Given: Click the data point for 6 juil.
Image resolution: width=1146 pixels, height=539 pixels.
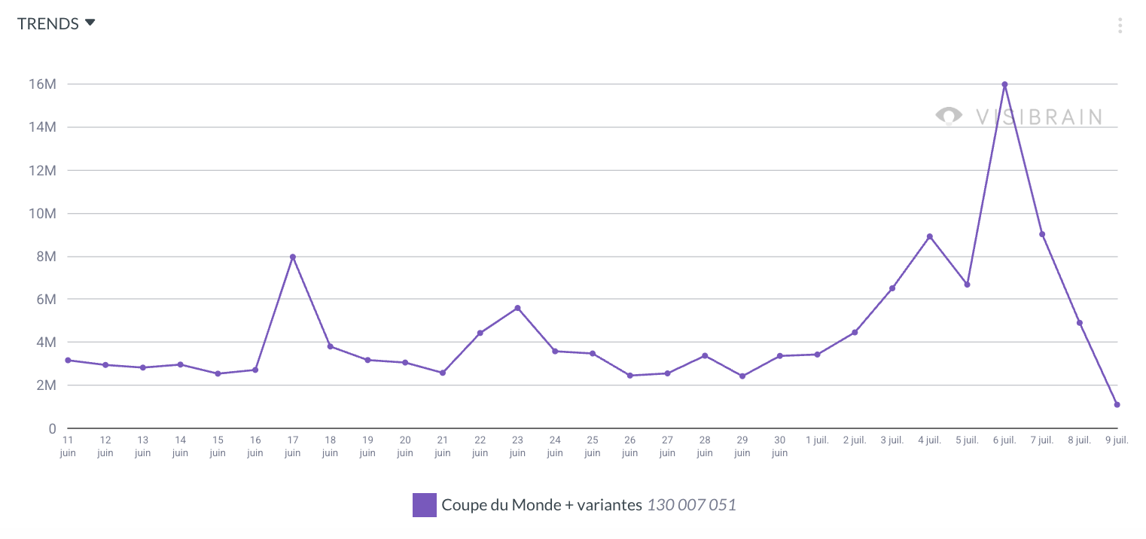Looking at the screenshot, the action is [1004, 84].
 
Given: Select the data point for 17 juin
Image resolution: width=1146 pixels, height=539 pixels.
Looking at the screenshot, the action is [293, 257].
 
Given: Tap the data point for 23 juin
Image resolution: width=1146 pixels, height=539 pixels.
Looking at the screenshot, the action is [517, 308].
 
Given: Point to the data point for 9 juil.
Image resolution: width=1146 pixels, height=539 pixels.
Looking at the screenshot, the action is [1117, 404].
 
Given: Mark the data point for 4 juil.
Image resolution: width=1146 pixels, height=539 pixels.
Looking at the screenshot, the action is [930, 236].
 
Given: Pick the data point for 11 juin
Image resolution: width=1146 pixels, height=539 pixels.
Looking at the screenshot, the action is [68, 360].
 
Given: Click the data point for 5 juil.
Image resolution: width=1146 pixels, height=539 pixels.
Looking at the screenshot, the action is [967, 285].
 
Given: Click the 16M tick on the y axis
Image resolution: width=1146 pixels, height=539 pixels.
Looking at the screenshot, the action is [42, 84].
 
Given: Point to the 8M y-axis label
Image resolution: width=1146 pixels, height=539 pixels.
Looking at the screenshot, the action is [46, 256].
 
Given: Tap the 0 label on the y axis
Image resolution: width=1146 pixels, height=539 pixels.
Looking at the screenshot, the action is [52, 428].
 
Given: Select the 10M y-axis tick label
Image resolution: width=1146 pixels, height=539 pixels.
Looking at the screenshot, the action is [42, 213].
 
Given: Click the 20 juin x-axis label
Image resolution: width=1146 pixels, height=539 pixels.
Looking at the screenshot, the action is [404, 446].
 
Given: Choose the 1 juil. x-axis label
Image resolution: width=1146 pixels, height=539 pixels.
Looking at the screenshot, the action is [817, 440].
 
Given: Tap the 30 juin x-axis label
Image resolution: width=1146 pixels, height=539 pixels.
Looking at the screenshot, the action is [779, 446].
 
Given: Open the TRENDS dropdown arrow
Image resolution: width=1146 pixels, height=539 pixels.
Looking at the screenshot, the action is [90, 23].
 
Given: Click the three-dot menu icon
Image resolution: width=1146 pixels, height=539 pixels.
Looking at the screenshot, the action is [1120, 26].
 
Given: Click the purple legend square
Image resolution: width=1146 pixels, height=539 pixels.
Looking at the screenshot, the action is [425, 504].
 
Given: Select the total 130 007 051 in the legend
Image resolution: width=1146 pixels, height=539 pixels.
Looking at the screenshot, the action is [692, 504].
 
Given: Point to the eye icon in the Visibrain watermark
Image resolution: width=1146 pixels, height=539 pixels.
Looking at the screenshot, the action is [949, 116].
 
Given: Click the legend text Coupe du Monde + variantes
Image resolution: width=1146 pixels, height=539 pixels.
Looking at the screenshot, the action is [542, 504].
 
